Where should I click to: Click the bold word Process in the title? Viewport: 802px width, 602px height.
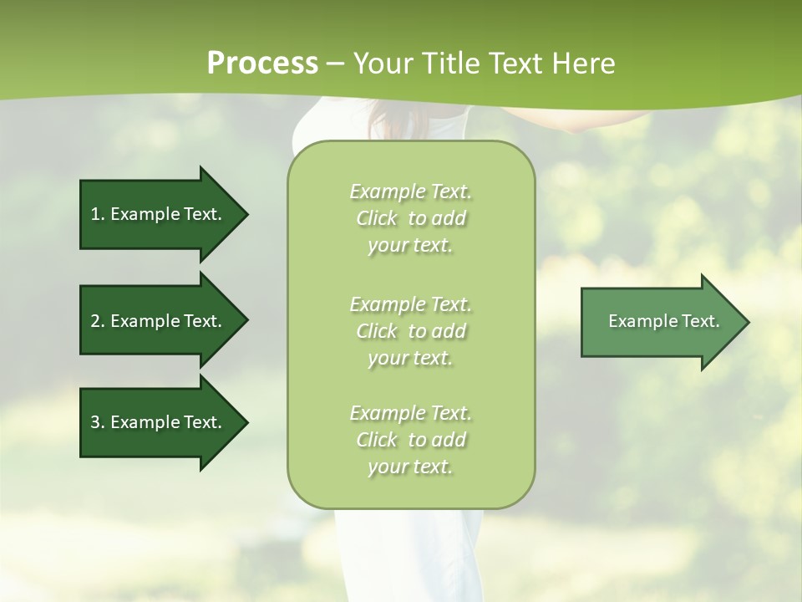(262, 64)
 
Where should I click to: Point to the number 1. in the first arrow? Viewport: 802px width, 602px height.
(98, 214)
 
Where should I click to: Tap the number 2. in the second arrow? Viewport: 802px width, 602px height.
(98, 321)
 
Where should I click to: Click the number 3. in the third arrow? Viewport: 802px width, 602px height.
(98, 422)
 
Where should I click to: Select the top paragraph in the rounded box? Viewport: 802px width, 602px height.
(410, 218)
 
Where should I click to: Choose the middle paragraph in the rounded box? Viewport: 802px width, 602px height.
(410, 331)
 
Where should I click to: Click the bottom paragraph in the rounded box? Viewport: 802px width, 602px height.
(410, 440)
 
